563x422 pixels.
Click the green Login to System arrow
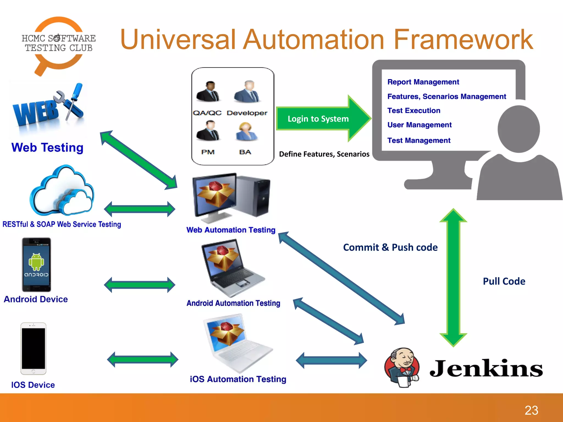pyautogui.click(x=319, y=119)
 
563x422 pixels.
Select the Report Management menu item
pyautogui.click(x=423, y=82)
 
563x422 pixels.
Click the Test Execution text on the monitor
pyautogui.click(x=414, y=110)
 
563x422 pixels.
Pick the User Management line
pyautogui.click(x=419, y=125)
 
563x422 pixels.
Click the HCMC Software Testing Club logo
pyautogui.click(x=58, y=44)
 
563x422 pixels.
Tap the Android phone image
pyautogui.click(x=37, y=265)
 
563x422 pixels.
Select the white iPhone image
pyautogui.click(x=33, y=348)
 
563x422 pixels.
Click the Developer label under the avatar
pyautogui.click(x=247, y=113)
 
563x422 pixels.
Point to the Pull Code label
pyautogui.click(x=504, y=281)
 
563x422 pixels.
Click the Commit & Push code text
pyautogui.click(x=390, y=247)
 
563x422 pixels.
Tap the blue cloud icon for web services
pyautogui.click(x=63, y=191)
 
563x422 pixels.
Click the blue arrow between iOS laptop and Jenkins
pyautogui.click(x=331, y=360)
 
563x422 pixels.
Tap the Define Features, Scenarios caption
pyautogui.click(x=324, y=154)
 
